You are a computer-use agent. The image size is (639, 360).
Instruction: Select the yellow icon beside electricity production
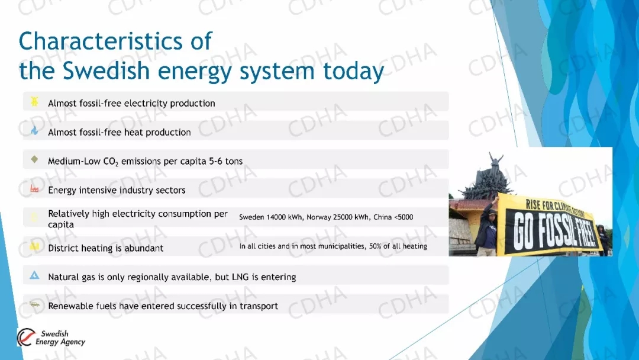[x=34, y=101]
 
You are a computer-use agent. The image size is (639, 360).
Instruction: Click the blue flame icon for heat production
[x=35, y=130]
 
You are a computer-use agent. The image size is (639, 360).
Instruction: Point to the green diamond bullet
[x=34, y=159]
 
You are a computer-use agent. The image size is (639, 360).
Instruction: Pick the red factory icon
[x=34, y=188]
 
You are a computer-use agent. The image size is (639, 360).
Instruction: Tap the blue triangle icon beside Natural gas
[x=35, y=275]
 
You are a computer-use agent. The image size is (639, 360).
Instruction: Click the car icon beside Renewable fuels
[x=35, y=304]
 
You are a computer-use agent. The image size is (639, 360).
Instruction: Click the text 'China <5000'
[x=393, y=217]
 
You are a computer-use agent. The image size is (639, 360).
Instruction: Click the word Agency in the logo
[x=72, y=342]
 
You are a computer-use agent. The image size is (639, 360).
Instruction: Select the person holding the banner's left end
[x=487, y=226]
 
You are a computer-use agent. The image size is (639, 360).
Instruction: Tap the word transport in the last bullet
[x=259, y=306]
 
